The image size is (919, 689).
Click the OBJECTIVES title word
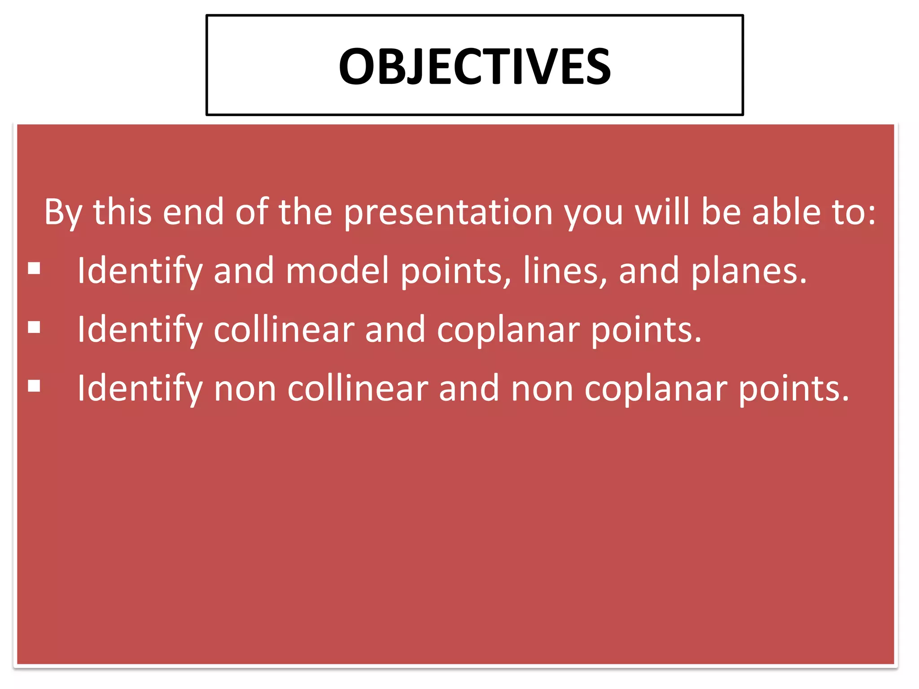pyautogui.click(x=474, y=66)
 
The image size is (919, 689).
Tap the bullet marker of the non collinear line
pyautogui.click(x=34, y=386)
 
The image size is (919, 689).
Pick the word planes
pyautogui.click(x=748, y=271)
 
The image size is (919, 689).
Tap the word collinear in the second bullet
pyautogui.click(x=284, y=329)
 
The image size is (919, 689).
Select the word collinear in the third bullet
pyautogui.click(x=358, y=388)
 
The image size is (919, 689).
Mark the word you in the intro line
pyautogui.click(x=593, y=213)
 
